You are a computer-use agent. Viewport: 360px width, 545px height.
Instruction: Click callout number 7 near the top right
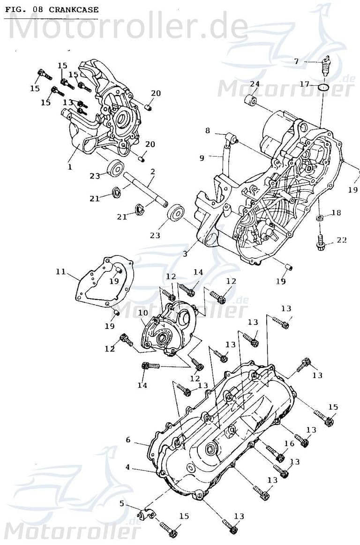click(296, 61)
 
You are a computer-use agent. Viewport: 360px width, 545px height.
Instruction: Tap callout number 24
click(255, 84)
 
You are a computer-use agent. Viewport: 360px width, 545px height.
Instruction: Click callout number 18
click(336, 213)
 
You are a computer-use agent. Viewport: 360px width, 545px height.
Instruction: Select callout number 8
click(208, 131)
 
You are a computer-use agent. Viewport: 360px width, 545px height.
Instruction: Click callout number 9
click(202, 158)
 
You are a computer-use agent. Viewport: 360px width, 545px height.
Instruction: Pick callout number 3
click(185, 254)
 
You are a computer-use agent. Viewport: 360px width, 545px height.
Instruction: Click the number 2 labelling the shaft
click(152, 172)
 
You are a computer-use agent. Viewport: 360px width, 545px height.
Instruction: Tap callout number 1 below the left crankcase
click(70, 166)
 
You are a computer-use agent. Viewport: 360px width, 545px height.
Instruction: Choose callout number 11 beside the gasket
click(60, 271)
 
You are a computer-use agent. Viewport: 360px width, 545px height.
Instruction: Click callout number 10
click(143, 312)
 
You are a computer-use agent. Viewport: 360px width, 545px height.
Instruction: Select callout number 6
click(127, 440)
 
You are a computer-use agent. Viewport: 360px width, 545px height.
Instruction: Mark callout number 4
click(127, 467)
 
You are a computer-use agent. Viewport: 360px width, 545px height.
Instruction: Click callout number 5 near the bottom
click(122, 504)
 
